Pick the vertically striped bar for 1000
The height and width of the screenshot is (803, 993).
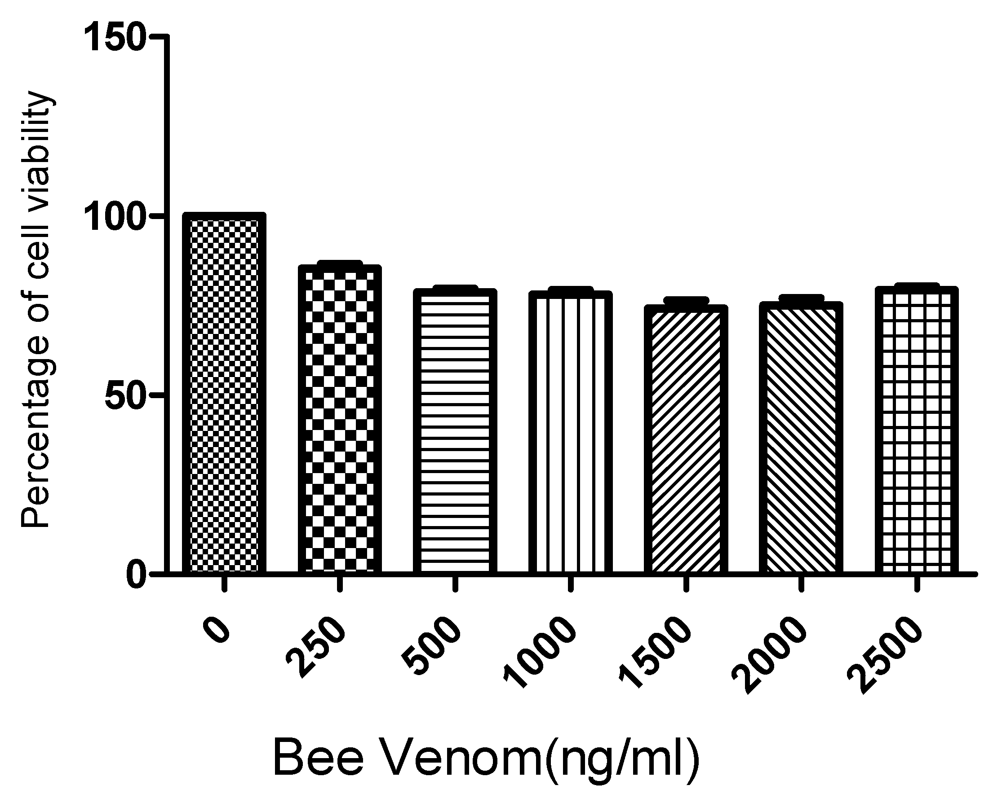[x=570, y=433]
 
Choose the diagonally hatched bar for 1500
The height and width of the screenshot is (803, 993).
[x=686, y=439]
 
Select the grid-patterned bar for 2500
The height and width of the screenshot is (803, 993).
[x=917, y=430]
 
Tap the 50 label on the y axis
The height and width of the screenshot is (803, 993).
[x=125, y=395]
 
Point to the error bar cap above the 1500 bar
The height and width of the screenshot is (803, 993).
[x=686, y=301]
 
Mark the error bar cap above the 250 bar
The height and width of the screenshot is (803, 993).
[x=340, y=264]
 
